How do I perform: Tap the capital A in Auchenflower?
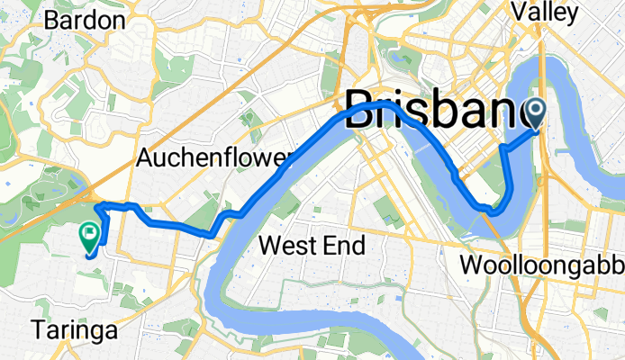tap(144, 158)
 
